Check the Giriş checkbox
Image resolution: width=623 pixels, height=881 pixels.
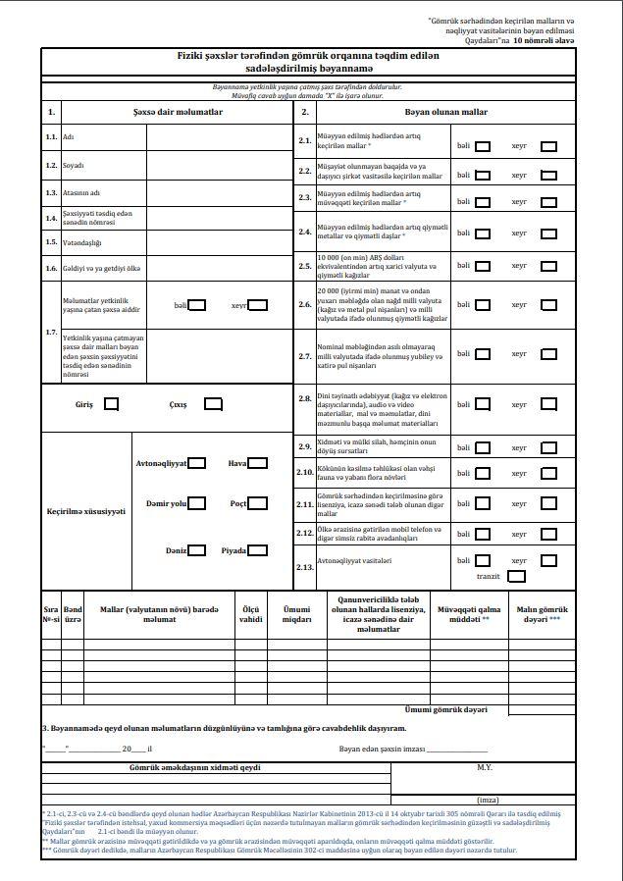click(x=112, y=403)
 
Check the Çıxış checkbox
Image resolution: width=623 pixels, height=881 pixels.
click(x=213, y=403)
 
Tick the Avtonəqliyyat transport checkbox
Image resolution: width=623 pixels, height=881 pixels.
click(x=197, y=463)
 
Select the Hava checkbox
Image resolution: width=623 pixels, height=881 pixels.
click(x=257, y=463)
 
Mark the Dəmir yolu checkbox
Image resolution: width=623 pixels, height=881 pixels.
click(x=197, y=503)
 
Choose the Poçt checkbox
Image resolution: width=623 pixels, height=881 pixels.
click(x=257, y=503)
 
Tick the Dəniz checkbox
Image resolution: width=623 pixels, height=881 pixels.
click(x=197, y=550)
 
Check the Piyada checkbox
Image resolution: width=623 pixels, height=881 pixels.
click(x=257, y=550)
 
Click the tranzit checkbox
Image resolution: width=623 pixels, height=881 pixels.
click(x=516, y=577)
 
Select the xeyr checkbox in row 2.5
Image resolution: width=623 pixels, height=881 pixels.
click(x=548, y=266)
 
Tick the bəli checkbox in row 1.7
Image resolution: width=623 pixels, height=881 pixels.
click(x=197, y=305)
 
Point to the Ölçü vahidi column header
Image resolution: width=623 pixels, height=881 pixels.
click(x=251, y=613)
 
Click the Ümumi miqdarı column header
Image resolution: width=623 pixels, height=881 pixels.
click(x=290, y=613)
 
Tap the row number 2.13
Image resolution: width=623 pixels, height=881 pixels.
click(x=304, y=567)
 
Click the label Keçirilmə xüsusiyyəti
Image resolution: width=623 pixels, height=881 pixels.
click(x=86, y=511)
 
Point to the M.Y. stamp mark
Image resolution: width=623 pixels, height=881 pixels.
click(x=484, y=766)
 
